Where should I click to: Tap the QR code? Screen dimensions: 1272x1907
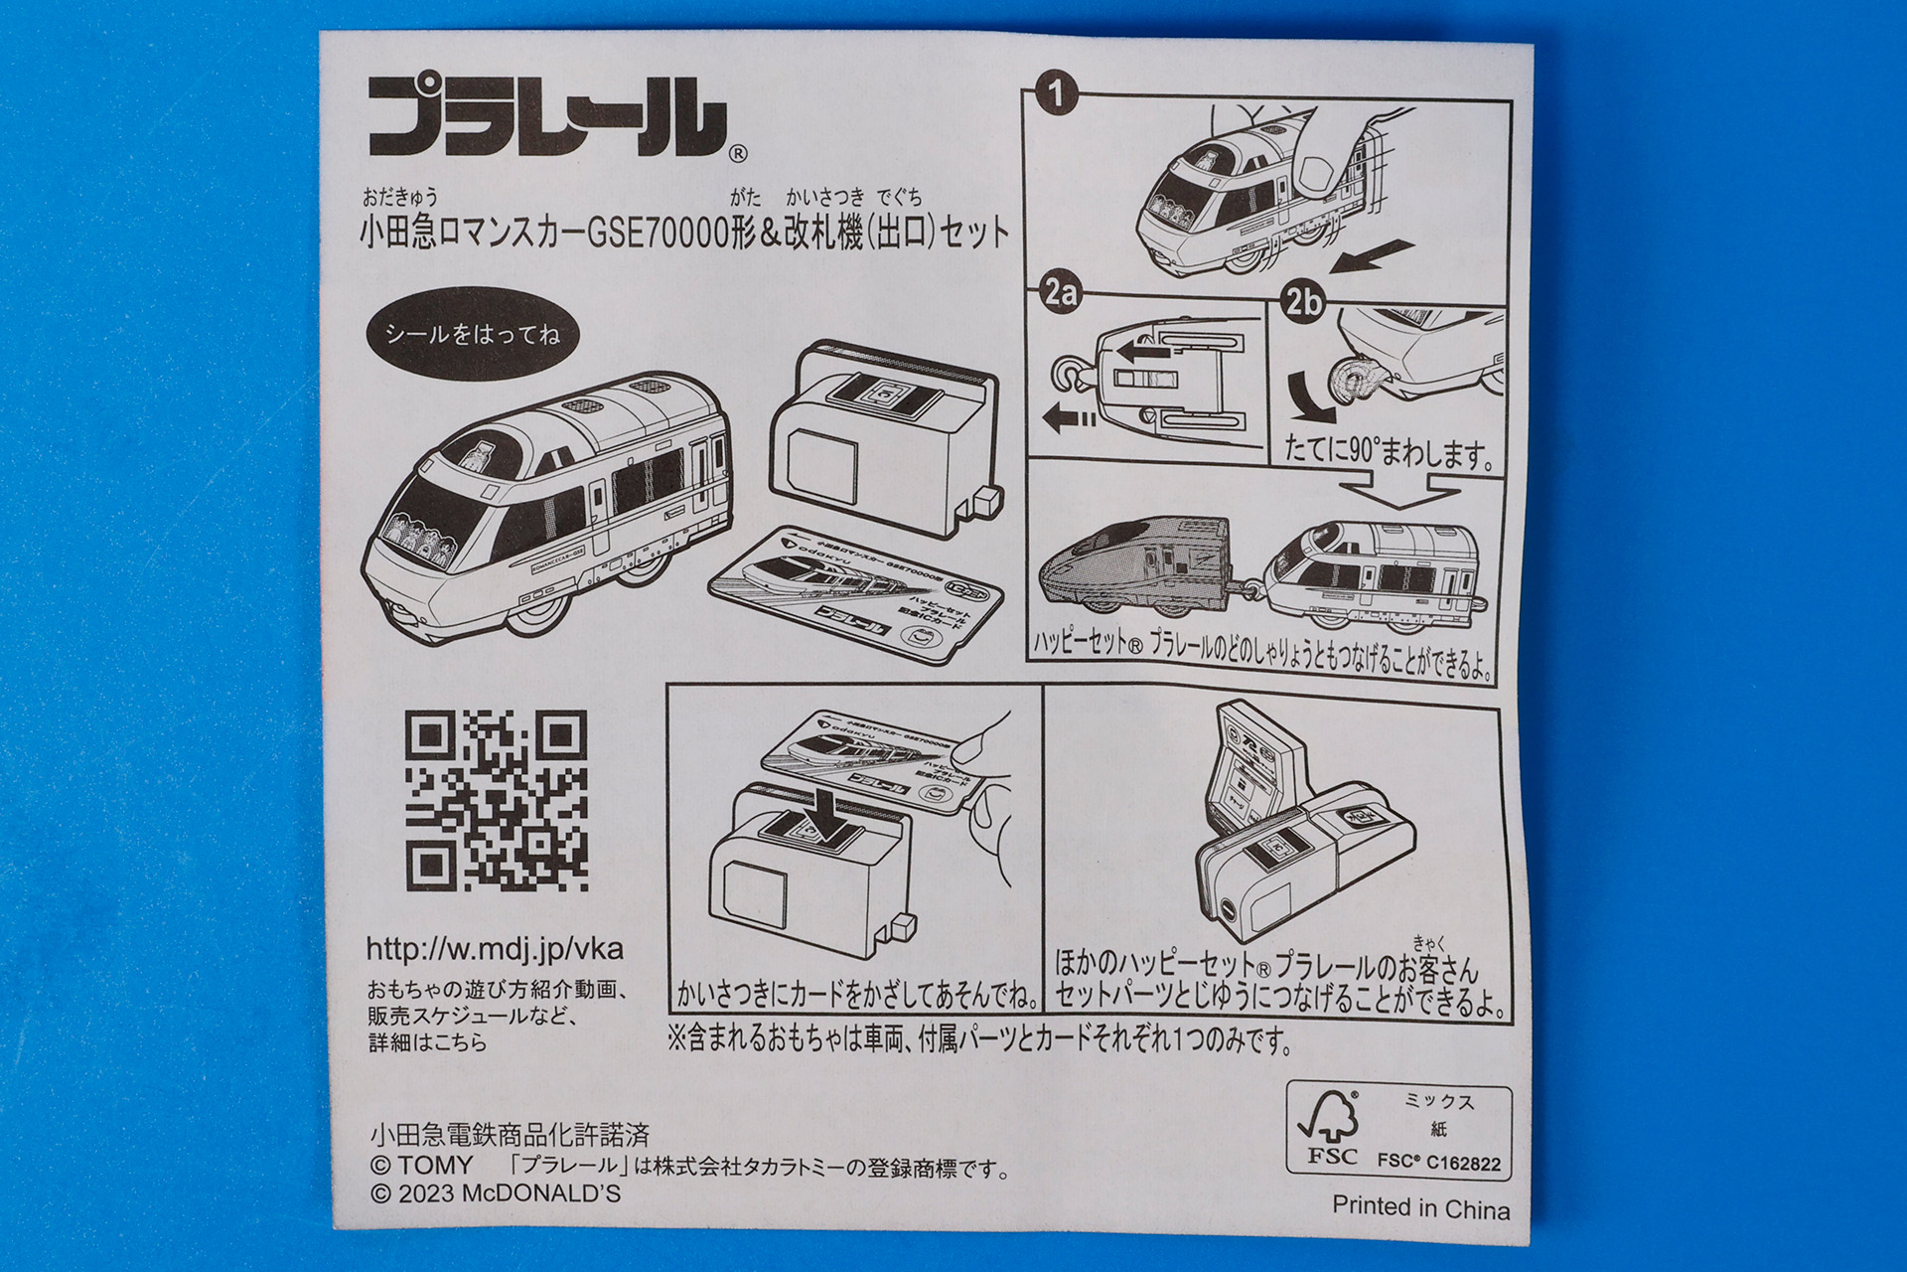pyautogui.click(x=496, y=800)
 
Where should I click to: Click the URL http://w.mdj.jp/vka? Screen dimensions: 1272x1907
pyautogui.click(x=495, y=949)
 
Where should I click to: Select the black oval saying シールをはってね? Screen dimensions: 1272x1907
pyautogui.click(x=472, y=334)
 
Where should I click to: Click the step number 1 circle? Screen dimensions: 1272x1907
pyautogui.click(x=1056, y=93)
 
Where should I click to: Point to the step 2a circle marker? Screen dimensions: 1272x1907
pyautogui.click(x=1060, y=292)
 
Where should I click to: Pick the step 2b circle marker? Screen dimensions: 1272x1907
pyautogui.click(x=1302, y=300)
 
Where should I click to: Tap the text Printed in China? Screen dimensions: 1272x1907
pyautogui.click(x=1420, y=1207)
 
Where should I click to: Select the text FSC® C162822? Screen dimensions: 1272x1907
pyautogui.click(x=1439, y=1162)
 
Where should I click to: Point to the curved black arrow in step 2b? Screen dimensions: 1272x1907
pyautogui.click(x=1310, y=398)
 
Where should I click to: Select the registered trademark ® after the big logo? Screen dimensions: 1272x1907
pyautogui.click(x=737, y=154)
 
